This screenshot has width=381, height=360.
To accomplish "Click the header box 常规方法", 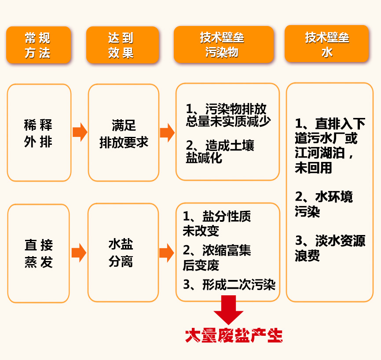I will coord(38,45).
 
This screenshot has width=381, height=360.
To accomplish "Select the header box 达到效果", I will coord(122,45).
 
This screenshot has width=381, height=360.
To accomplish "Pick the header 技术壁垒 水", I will coord(326,44).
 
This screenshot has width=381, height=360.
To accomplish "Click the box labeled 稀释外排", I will coord(39,133).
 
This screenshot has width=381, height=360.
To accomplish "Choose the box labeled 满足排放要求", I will coord(123,133).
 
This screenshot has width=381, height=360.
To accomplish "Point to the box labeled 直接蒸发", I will coord(39,253).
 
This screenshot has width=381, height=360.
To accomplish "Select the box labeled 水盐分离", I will coord(123,253).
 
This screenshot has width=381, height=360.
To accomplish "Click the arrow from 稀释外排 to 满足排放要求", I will coord(80,132).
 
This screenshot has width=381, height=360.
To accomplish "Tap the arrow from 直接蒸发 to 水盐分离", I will coord(79,253).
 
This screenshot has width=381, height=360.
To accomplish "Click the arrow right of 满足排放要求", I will coord(167,132).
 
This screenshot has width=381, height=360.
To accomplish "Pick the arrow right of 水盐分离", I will coord(167,253).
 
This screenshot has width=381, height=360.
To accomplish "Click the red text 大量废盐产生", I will coord(234,336).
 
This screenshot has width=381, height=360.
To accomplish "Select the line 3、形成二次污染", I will coord(229,285).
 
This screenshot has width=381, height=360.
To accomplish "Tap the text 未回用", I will coord(313,168).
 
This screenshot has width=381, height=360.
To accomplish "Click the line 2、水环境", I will coord(324,197).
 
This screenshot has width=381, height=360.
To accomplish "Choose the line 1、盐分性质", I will coord(217,217).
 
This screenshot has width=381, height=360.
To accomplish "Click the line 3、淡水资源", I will coord(330,241).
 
